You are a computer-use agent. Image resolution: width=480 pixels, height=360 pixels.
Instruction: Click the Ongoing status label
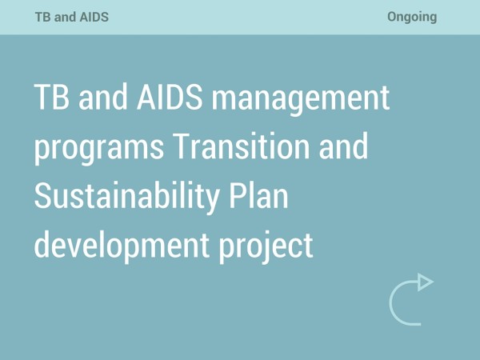[x=412, y=17]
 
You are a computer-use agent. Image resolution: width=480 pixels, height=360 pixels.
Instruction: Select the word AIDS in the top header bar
[x=94, y=17]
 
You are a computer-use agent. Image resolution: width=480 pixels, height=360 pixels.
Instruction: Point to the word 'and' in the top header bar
[x=65, y=17]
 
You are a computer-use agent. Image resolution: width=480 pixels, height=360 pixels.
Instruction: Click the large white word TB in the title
[x=52, y=97]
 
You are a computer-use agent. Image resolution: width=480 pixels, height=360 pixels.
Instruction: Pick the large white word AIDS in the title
[x=170, y=97]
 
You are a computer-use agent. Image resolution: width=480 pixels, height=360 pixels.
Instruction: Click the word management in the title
[x=301, y=100]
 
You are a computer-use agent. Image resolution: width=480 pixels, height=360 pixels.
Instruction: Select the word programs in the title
[x=99, y=149]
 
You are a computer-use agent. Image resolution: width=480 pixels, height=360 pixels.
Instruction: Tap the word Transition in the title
[x=242, y=146]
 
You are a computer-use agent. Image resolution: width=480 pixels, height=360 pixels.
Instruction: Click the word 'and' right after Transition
[x=343, y=146]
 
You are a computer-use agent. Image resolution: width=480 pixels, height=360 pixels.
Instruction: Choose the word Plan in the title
[x=258, y=195]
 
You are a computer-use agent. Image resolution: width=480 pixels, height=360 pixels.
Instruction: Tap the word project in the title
[x=266, y=247]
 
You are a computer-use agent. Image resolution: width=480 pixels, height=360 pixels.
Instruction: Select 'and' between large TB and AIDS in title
[x=103, y=97]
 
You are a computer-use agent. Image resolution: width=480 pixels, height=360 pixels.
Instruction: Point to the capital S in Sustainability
[x=42, y=195]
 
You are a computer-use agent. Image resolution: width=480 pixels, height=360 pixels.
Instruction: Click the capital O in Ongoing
[x=392, y=17]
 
